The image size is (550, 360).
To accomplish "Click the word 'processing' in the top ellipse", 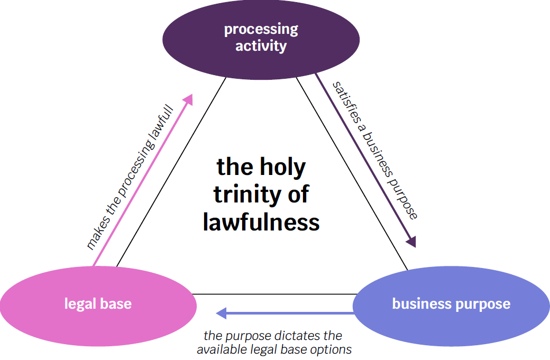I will coord(261,29).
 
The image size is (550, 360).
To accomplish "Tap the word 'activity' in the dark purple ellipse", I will coord(261,45).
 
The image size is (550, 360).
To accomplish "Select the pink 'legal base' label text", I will coord(98,304).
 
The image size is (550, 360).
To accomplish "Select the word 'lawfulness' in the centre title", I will coord(261,221).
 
